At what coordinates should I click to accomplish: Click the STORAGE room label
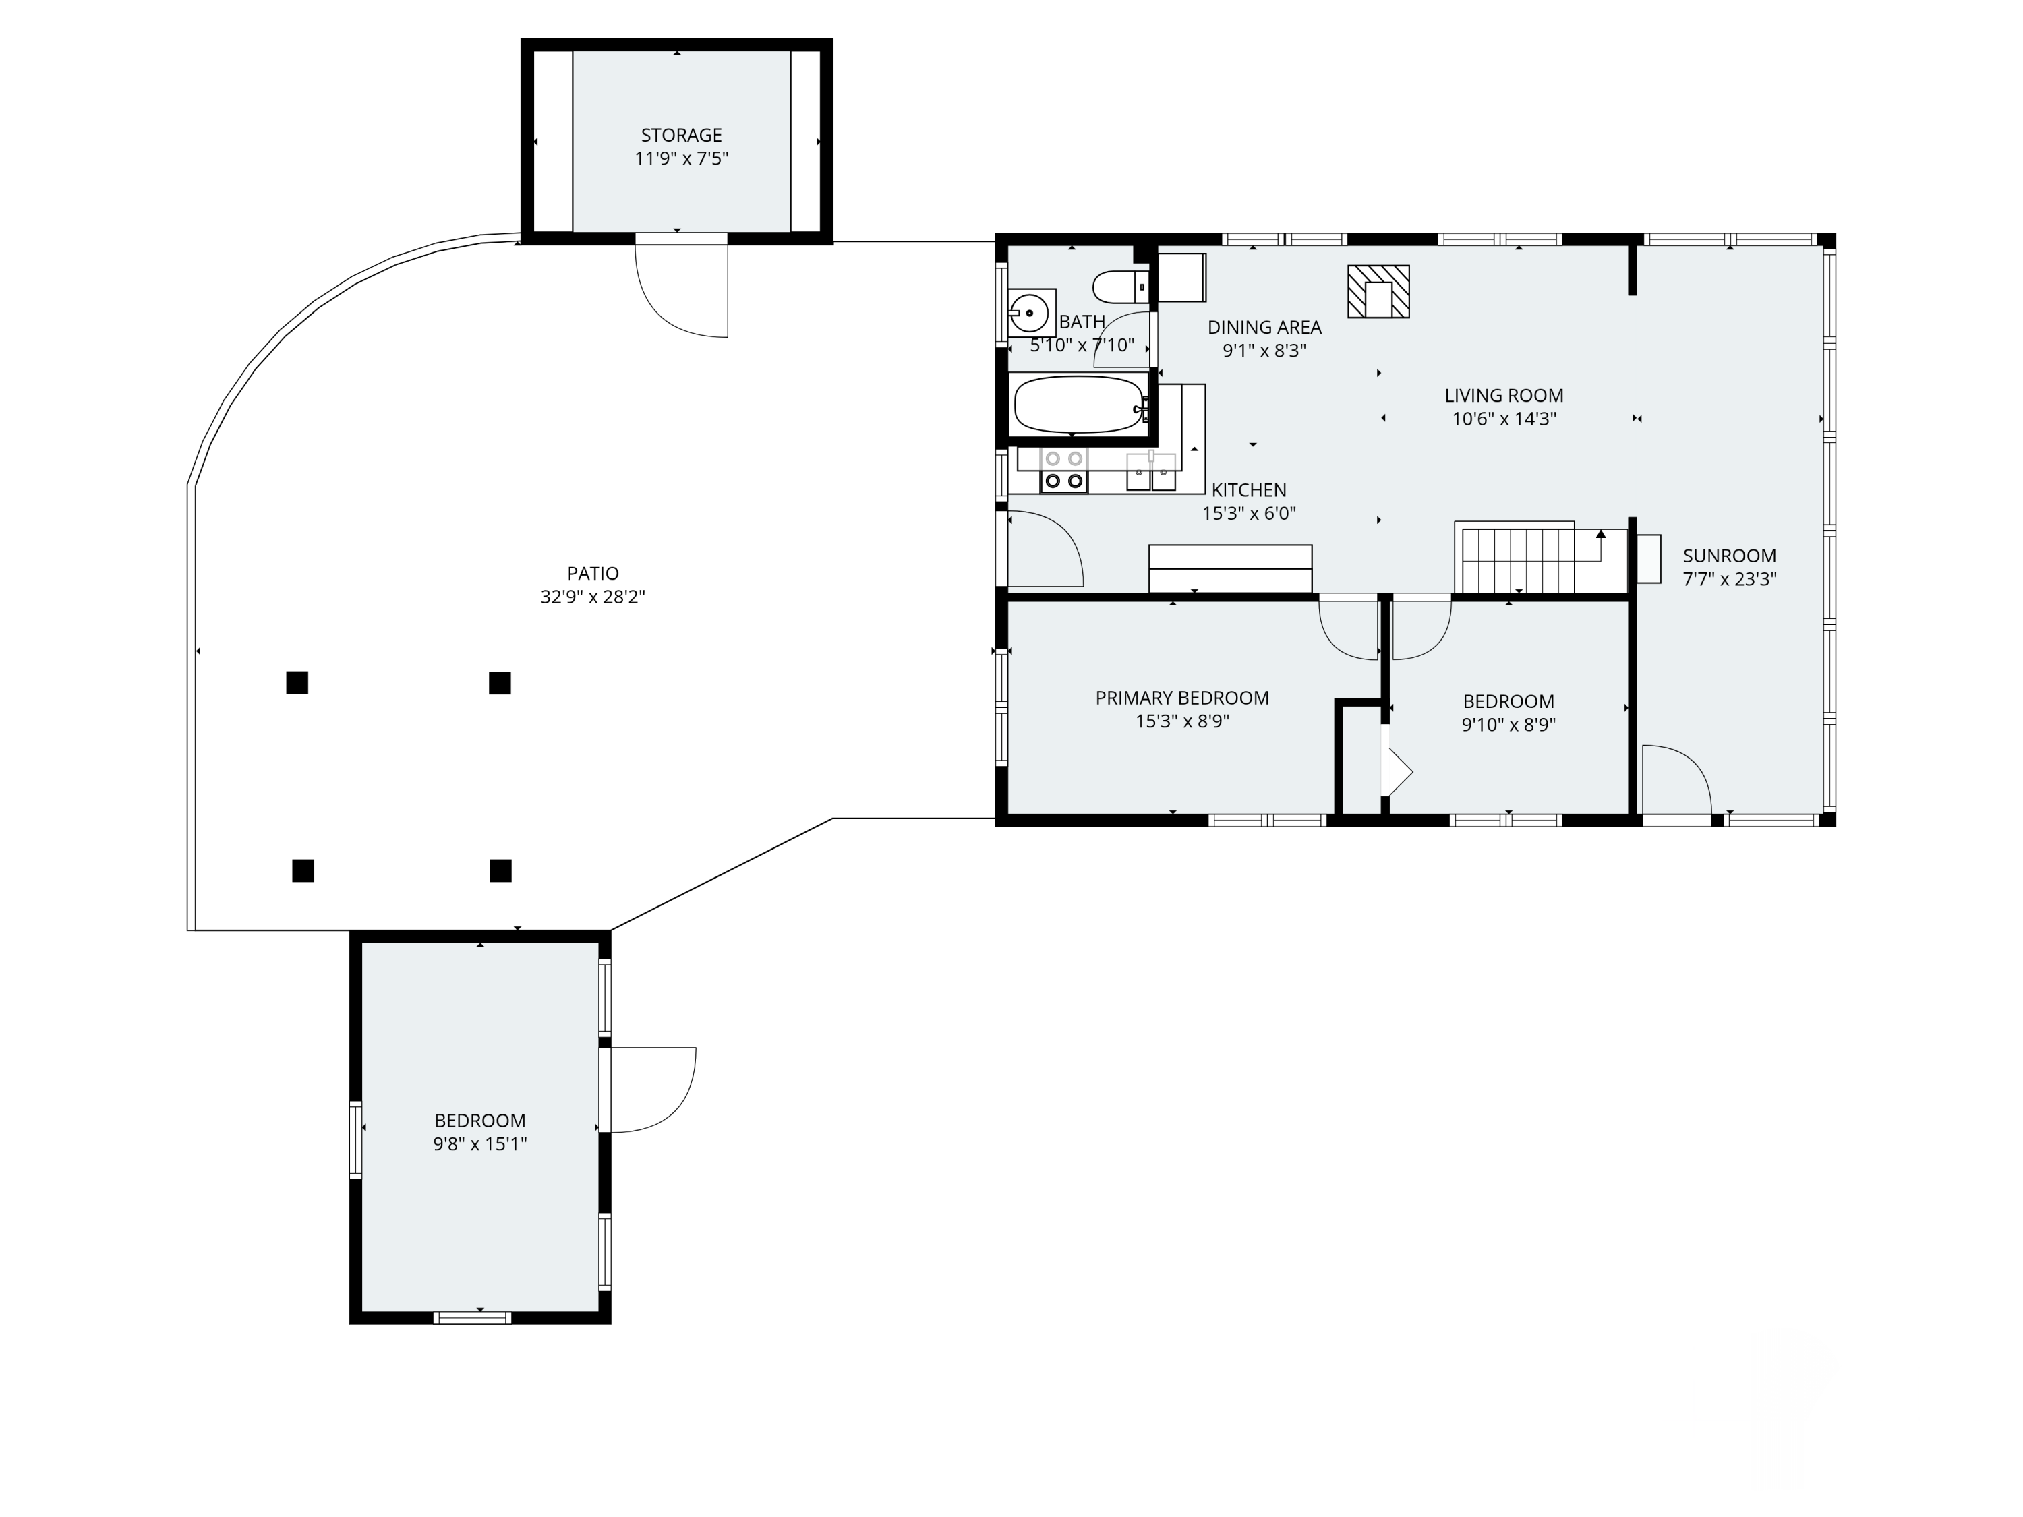pos(681,136)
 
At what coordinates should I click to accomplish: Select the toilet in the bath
pos(1121,287)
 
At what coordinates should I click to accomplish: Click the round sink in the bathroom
pos(1030,314)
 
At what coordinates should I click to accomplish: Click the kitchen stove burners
pos(1063,469)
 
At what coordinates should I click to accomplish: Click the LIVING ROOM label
pos(1504,396)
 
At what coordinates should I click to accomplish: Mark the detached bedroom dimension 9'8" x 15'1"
pos(480,1144)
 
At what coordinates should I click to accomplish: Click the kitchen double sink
pos(1150,471)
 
